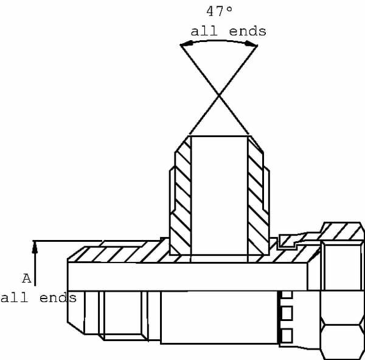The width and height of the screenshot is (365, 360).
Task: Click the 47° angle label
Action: [219, 12]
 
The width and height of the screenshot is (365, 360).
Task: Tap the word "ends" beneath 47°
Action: [248, 31]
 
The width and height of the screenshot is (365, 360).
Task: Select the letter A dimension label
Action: [27, 278]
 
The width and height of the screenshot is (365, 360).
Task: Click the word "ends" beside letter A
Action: [58, 298]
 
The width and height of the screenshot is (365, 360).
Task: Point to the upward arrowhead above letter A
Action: [35, 247]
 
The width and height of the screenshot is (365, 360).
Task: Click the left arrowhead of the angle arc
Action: [186, 44]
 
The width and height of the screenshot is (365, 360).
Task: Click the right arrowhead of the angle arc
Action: [251, 44]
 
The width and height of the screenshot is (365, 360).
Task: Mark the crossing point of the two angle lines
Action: [219, 95]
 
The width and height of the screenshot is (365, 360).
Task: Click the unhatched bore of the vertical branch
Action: [219, 196]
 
